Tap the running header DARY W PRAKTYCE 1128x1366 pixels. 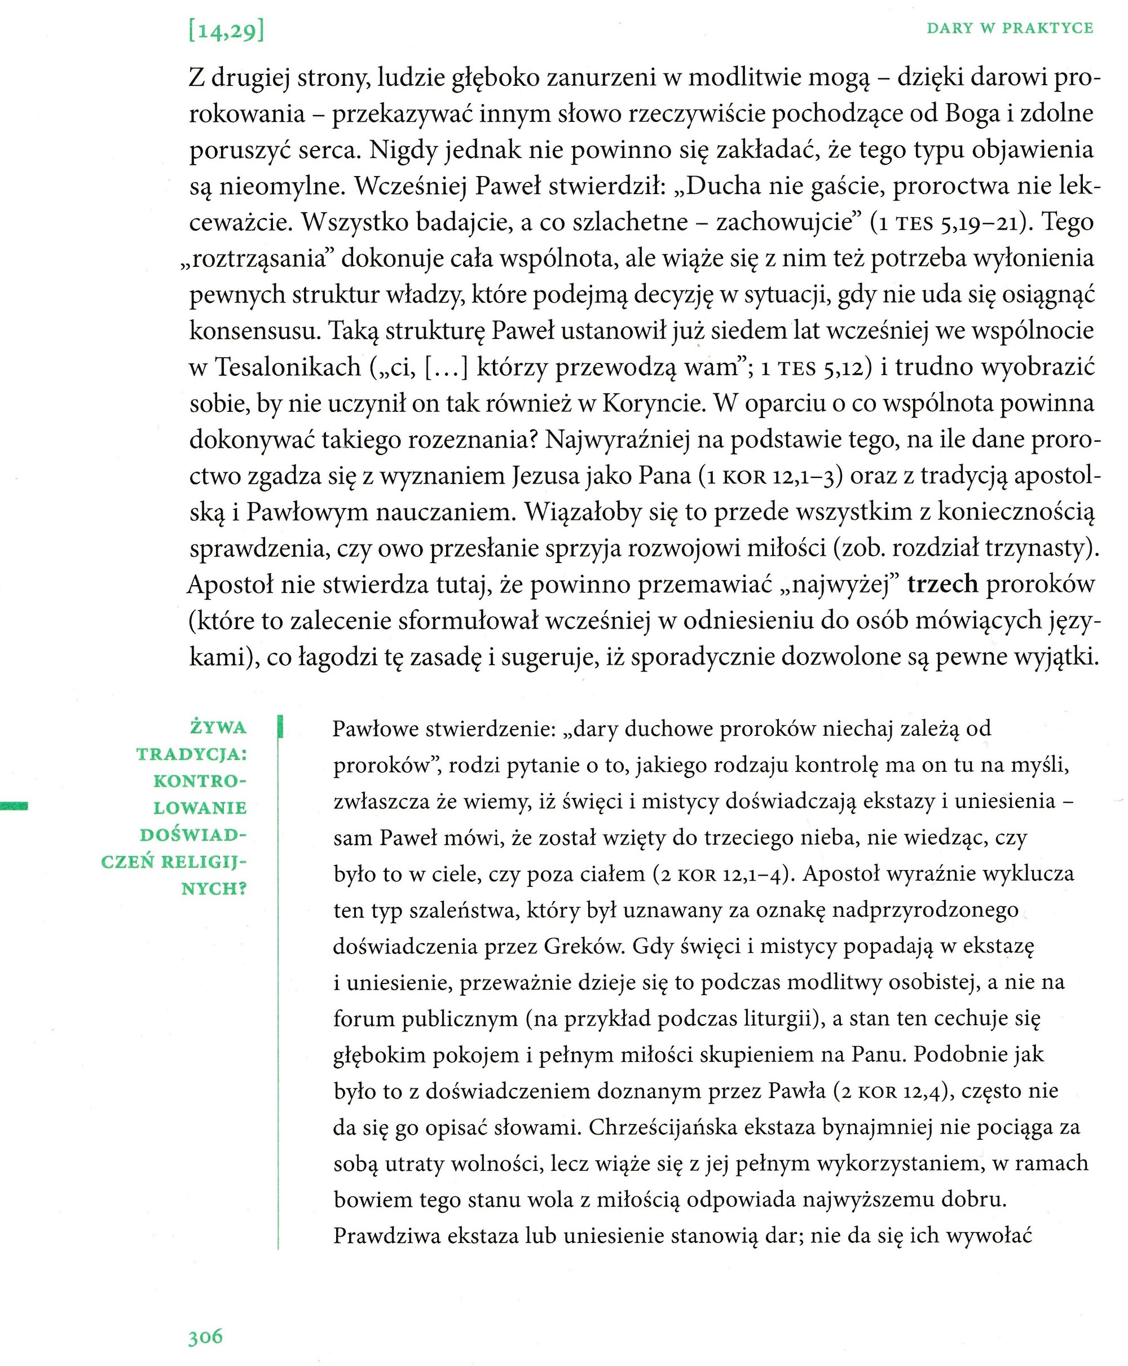tap(1010, 28)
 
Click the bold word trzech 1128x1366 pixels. tap(942, 584)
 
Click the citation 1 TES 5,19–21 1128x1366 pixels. tap(949, 223)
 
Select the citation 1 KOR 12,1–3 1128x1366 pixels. tap(770, 476)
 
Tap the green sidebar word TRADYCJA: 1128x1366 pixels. tap(192, 754)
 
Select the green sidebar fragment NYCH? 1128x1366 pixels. tap(214, 888)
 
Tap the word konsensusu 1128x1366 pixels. tap(253, 331)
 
